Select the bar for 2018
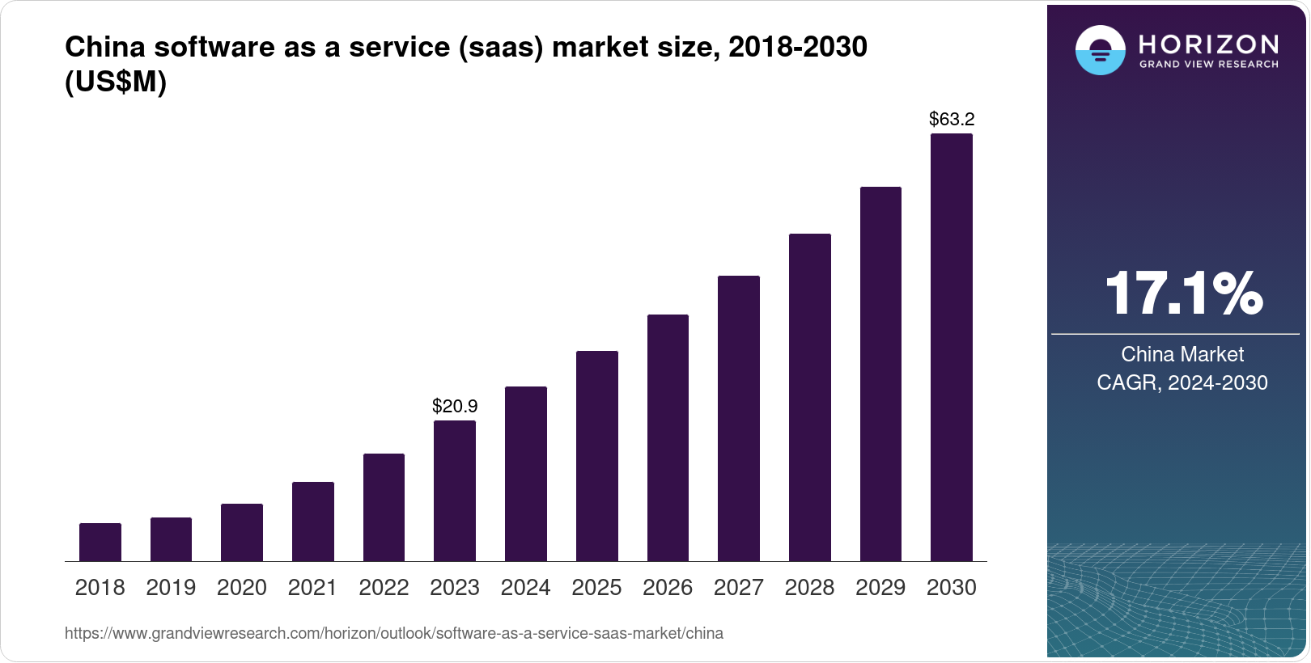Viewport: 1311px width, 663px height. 100,542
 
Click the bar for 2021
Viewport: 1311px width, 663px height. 313,522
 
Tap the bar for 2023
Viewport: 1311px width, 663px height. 455,491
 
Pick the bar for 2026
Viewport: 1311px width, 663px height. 668,437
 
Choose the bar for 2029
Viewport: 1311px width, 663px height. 880,374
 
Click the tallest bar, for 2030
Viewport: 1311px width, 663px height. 952,348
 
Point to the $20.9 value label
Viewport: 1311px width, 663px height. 455,406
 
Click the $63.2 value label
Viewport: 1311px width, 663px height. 952,120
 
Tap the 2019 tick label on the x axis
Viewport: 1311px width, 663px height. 171,588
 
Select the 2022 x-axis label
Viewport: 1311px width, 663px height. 384,588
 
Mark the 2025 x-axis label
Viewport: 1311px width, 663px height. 596,588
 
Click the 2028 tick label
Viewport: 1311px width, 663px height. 809,588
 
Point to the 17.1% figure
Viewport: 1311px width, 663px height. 1182,293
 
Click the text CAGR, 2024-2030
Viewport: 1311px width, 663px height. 1182,382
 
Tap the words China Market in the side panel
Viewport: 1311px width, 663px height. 1182,354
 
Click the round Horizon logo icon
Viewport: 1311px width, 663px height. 1100,50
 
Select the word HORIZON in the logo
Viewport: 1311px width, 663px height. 1208,44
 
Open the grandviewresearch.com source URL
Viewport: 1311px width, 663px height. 394,633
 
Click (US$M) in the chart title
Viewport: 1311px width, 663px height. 116,82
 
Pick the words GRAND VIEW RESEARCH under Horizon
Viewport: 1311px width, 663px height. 1208,65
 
